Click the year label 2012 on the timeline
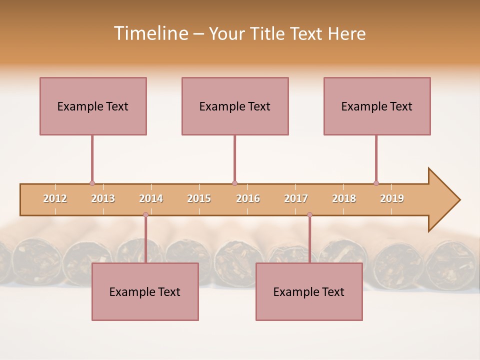tap(55, 198)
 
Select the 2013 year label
tap(103, 198)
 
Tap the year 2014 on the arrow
tap(151, 198)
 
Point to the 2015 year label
tap(199, 198)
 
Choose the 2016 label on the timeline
tap(248, 198)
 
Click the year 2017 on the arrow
tap(296, 198)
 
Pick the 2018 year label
tap(344, 198)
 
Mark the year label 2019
tap(392, 198)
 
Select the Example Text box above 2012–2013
tap(93, 106)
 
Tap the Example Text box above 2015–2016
tap(235, 106)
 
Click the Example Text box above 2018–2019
tap(377, 106)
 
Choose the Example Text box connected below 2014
tap(145, 291)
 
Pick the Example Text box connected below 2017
tap(309, 291)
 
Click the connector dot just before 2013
tap(92, 183)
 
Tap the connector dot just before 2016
tap(234, 183)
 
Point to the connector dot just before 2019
tap(376, 183)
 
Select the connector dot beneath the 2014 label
tap(145, 214)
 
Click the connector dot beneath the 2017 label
tap(309, 214)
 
